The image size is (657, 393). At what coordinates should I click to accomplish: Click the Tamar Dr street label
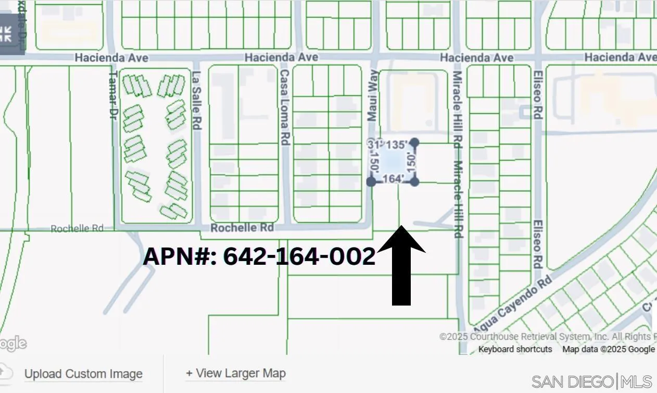[112, 95]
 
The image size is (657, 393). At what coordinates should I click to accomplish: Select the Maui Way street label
[373, 96]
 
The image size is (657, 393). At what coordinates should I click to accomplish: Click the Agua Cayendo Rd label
[512, 305]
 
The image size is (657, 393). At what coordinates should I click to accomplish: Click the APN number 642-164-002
[259, 256]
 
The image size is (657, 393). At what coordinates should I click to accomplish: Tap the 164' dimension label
[393, 179]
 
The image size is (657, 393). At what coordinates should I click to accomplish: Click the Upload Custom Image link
[83, 374]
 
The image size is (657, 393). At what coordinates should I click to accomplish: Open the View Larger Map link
[236, 373]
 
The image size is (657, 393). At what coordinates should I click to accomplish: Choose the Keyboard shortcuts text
[515, 349]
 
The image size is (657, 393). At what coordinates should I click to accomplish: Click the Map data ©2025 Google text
[608, 349]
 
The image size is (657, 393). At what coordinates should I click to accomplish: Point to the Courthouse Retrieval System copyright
[547, 337]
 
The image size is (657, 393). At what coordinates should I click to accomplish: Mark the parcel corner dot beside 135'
[415, 142]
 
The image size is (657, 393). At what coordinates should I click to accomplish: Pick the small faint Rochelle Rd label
[77, 228]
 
